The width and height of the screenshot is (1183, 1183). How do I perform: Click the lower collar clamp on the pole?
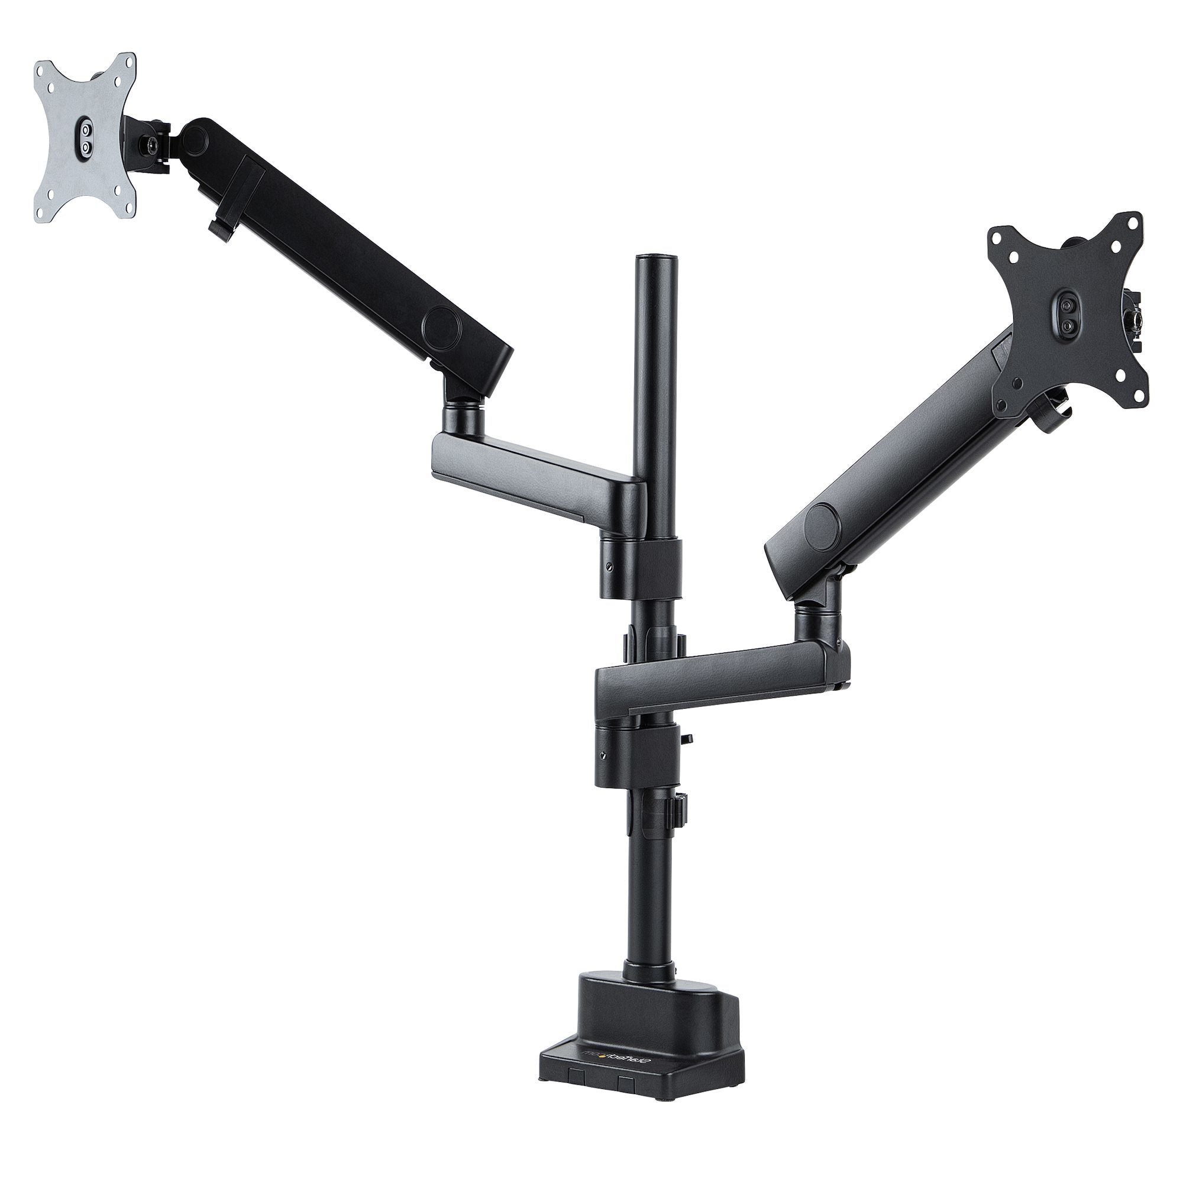(637, 754)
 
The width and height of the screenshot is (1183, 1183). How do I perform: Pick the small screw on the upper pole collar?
(609, 567)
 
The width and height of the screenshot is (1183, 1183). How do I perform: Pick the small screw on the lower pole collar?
(604, 755)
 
